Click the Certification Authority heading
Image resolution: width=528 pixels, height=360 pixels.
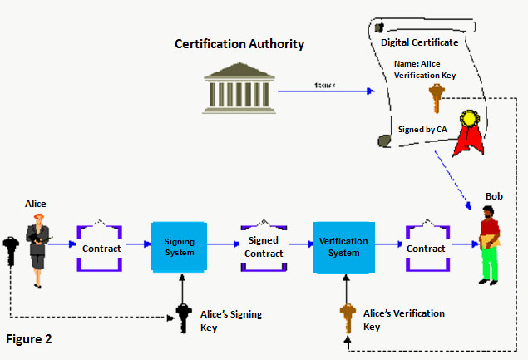tap(239, 43)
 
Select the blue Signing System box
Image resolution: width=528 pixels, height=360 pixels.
tap(179, 247)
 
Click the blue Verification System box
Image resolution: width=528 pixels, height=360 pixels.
tap(343, 247)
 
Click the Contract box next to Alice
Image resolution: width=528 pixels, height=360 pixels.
tap(101, 248)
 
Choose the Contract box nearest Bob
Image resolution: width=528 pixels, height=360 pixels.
tap(426, 248)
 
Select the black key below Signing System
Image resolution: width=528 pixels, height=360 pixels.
tap(183, 318)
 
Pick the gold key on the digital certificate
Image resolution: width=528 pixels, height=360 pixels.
tap(432, 100)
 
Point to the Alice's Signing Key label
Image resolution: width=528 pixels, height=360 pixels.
tap(231, 320)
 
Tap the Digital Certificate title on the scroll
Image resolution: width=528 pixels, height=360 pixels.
tap(419, 42)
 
